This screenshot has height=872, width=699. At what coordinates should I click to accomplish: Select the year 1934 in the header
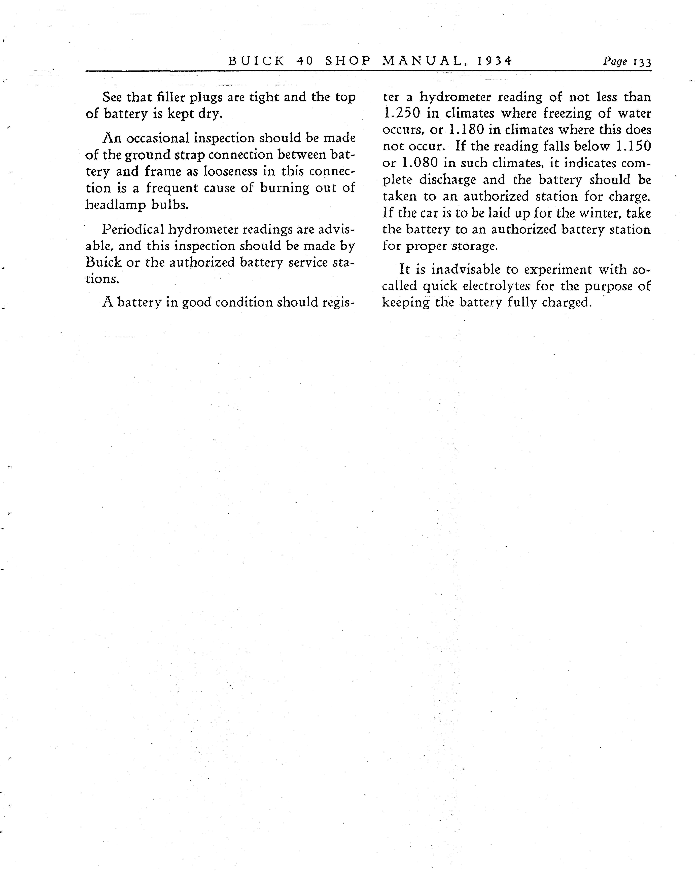click(494, 61)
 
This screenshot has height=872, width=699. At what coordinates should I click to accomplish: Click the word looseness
click(230, 171)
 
